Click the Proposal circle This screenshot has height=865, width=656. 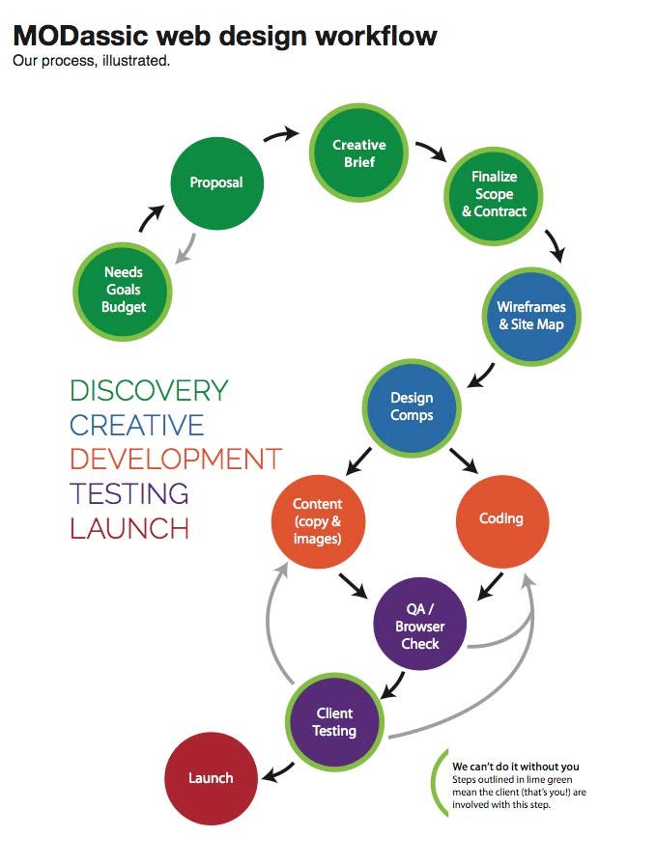pyautogui.click(x=216, y=183)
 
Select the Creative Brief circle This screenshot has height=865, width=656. pyautogui.click(x=358, y=153)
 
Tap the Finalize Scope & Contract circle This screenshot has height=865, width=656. pyautogui.click(x=494, y=195)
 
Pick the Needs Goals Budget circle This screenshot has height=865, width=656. pyautogui.click(x=123, y=291)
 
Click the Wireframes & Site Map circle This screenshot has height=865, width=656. pyautogui.click(x=531, y=316)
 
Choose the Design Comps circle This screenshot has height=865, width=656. pyautogui.click(x=412, y=407)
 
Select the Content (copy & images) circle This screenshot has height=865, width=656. pyautogui.click(x=318, y=521)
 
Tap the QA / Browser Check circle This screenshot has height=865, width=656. pyautogui.click(x=419, y=624)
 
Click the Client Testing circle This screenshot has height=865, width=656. pyautogui.click(x=334, y=722)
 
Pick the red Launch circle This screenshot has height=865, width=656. pyautogui.click(x=211, y=778)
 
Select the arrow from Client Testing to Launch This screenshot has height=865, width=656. pyautogui.click(x=277, y=771)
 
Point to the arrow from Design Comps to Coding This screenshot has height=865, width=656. pyautogui.click(x=464, y=460)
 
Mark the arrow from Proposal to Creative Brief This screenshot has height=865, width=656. pyautogui.click(x=281, y=134)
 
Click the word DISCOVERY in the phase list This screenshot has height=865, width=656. pyautogui.click(x=149, y=390)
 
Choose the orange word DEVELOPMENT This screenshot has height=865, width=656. pyautogui.click(x=176, y=459)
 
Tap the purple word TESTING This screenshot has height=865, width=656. pyautogui.click(x=129, y=493)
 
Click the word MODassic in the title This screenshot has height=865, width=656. pyautogui.click(x=80, y=36)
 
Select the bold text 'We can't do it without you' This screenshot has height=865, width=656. pyautogui.click(x=516, y=767)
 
